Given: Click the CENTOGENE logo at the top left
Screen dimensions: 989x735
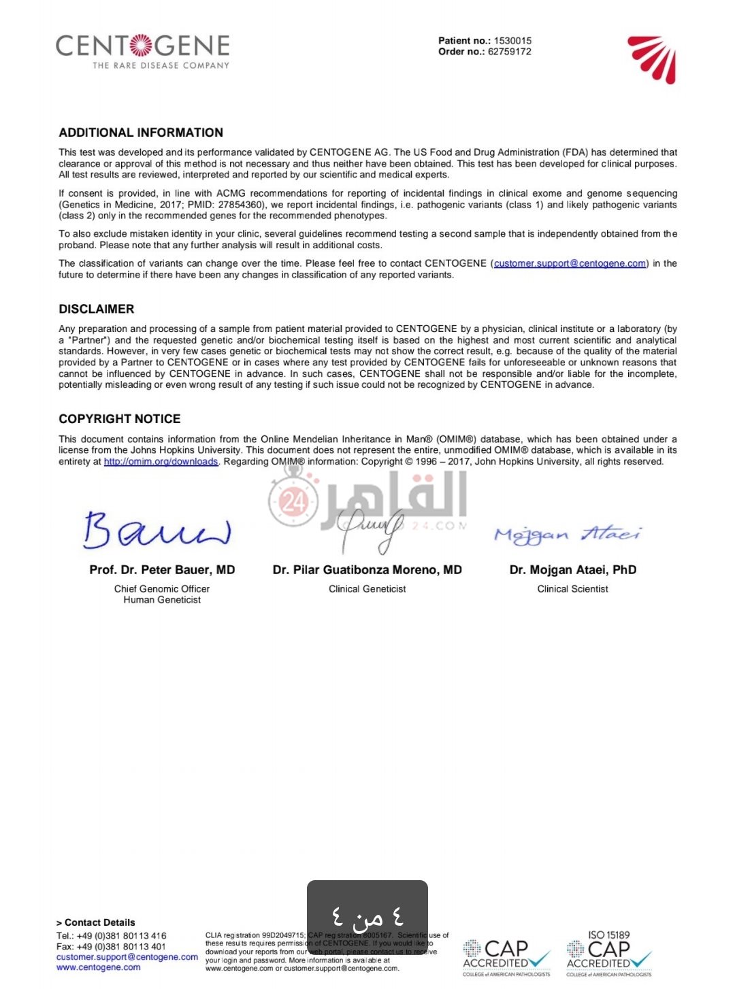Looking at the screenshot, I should (142, 50).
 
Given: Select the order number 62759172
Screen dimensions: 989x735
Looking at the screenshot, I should (509, 52).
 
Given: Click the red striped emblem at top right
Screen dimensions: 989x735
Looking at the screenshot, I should (653, 59).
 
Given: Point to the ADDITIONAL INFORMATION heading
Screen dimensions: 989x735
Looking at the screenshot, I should (141, 133).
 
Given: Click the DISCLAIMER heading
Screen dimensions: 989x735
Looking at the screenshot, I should (97, 309).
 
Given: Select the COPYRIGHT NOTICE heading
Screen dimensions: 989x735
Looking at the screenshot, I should (120, 419).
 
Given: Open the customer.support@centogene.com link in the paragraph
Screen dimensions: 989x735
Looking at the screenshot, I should (570, 264).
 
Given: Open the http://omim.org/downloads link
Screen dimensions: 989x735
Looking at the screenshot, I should (161, 462).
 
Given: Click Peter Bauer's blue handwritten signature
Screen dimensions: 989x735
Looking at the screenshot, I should (157, 531).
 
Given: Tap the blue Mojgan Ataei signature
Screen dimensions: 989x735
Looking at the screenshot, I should (568, 535).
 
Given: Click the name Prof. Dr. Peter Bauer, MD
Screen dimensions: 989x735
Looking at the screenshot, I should (162, 570).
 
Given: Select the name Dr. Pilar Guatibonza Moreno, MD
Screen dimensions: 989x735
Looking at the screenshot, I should (367, 570).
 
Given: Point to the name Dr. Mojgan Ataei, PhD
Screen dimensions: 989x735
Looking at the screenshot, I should (572, 570).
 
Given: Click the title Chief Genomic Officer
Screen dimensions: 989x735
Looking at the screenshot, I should (162, 589).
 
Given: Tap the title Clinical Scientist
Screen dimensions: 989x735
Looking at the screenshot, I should (572, 589).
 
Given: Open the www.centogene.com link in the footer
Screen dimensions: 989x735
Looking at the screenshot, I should (99, 967).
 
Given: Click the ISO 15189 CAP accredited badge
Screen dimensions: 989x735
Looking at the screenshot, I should (608, 954).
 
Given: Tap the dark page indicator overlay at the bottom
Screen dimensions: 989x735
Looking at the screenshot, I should (367, 918).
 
